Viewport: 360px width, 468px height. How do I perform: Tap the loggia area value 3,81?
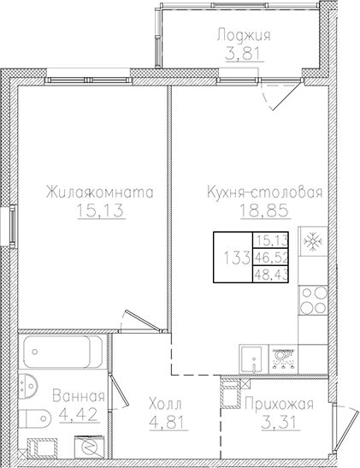click(243, 53)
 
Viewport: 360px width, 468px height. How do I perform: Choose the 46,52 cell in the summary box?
click(272, 256)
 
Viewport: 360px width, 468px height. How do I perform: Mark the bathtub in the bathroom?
click(64, 352)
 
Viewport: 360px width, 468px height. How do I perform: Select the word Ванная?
click(79, 396)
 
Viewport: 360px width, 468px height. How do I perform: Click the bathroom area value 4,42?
click(79, 414)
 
